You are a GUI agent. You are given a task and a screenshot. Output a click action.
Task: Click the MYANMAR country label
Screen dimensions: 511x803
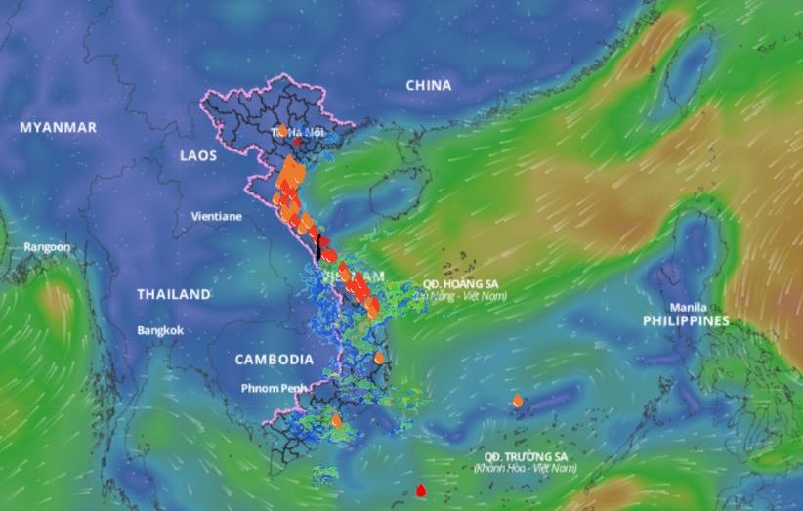(59, 128)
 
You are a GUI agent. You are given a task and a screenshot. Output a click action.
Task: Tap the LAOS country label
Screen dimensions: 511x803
(198, 155)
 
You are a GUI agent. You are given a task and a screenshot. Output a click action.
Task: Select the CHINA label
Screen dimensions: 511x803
(429, 85)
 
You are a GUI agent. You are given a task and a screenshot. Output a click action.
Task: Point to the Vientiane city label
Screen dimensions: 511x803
(216, 216)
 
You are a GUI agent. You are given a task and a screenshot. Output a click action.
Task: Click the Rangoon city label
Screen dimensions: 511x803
(47, 247)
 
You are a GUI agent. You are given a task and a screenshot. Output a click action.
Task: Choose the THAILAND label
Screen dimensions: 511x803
(174, 294)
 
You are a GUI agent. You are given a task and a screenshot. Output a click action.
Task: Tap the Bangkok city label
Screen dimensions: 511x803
(160, 330)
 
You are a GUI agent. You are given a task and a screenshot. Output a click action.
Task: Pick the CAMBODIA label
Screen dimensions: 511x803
(275, 360)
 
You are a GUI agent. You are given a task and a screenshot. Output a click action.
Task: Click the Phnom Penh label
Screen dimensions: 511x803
(274, 388)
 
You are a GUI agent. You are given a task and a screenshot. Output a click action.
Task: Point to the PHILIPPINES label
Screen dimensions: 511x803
(686, 320)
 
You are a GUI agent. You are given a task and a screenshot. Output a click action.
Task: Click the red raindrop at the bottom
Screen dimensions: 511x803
(421, 490)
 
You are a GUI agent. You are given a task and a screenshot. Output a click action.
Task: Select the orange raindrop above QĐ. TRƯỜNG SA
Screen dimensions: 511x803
(518, 401)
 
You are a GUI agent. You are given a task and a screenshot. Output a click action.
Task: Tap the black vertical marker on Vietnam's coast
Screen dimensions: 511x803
(318, 246)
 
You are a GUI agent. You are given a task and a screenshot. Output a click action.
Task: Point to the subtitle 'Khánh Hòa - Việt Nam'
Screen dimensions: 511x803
(525, 469)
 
